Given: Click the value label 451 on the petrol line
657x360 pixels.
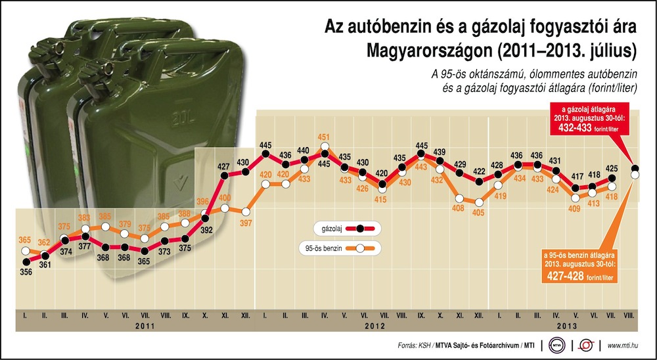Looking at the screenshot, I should point(323,137).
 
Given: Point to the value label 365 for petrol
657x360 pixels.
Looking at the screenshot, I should point(24,240).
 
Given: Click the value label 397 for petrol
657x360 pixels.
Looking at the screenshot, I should point(246,223).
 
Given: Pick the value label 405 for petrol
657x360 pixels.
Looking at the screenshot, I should point(478,212).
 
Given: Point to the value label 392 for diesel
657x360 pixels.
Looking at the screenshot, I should point(206,230).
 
